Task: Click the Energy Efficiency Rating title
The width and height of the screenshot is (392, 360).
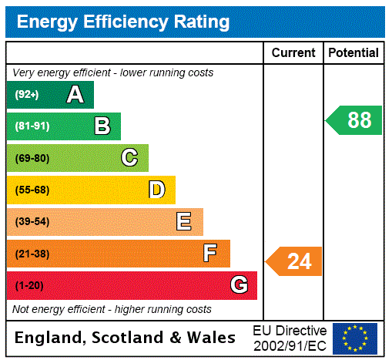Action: (x=122, y=22)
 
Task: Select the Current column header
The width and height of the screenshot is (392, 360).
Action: (x=293, y=52)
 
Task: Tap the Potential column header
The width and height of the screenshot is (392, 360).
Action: (x=353, y=52)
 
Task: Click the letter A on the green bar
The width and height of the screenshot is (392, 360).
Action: (x=75, y=95)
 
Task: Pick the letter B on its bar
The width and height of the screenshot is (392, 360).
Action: (x=102, y=126)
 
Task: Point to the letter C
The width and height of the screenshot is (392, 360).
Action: (x=129, y=158)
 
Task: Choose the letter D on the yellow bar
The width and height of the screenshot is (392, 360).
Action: (x=156, y=190)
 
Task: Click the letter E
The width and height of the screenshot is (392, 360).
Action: (x=184, y=222)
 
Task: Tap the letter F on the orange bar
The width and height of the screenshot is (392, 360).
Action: (x=210, y=254)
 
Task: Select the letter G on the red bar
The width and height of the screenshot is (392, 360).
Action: (x=239, y=286)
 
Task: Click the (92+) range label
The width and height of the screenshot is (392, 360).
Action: (x=27, y=95)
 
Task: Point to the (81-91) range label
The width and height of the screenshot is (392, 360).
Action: (x=32, y=126)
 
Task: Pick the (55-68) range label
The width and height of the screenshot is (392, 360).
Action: (x=32, y=190)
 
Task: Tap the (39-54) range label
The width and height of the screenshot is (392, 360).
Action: (x=32, y=222)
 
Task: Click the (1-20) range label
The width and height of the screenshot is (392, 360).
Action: (x=29, y=286)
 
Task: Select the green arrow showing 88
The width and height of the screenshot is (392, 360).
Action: (x=355, y=120)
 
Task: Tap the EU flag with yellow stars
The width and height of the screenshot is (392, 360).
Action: (x=355, y=338)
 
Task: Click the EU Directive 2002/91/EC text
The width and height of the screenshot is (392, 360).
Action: (x=290, y=338)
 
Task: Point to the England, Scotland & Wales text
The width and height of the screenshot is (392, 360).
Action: (x=126, y=338)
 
